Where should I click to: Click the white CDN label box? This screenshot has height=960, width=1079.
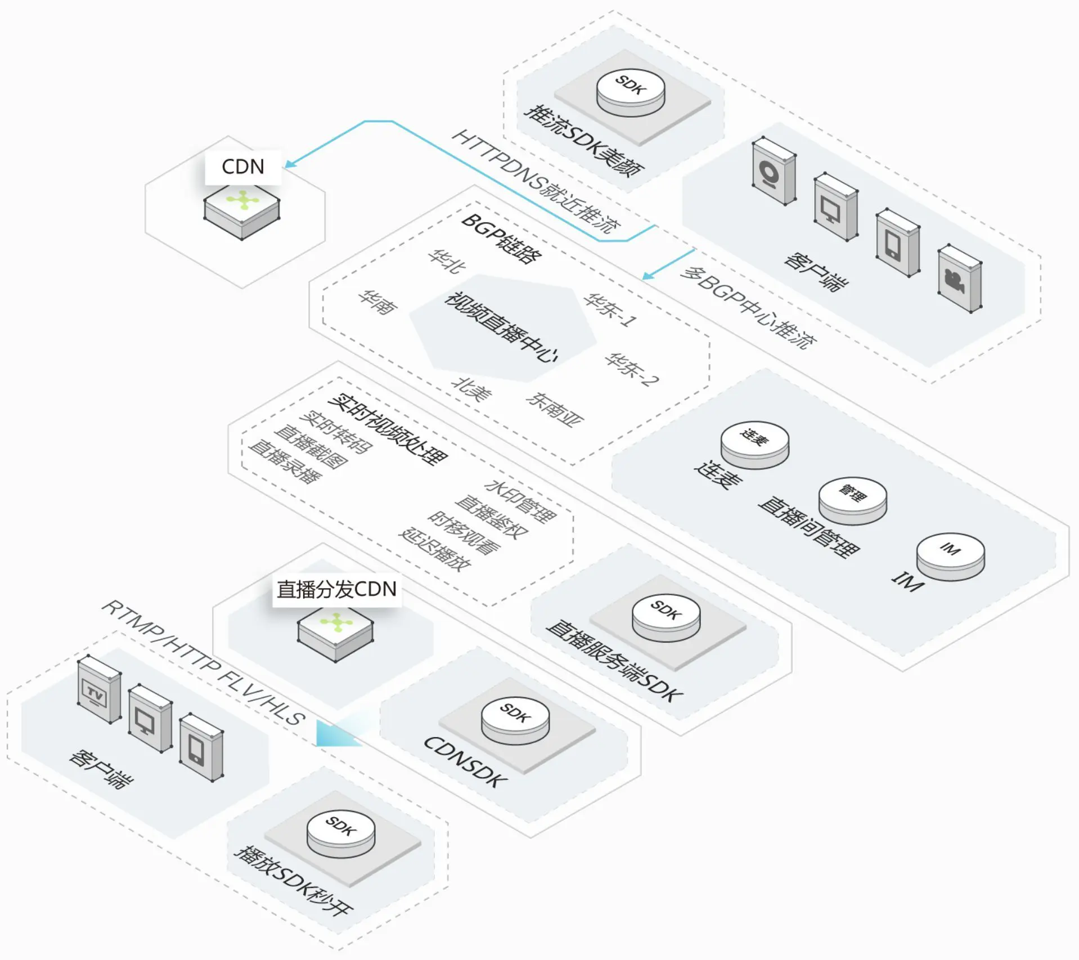242,167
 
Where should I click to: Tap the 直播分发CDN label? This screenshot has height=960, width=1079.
336,589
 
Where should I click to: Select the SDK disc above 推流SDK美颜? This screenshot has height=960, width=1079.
630,90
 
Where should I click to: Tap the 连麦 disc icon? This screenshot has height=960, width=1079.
755,443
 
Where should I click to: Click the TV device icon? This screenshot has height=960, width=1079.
99,690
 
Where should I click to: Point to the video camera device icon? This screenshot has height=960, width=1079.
959,279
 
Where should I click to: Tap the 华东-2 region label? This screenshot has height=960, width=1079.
631,370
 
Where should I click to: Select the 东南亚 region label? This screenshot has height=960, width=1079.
555,409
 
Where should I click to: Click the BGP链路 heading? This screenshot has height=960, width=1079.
501,238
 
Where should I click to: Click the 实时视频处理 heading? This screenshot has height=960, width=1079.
388,429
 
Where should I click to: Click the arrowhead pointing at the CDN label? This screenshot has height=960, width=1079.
290,164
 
